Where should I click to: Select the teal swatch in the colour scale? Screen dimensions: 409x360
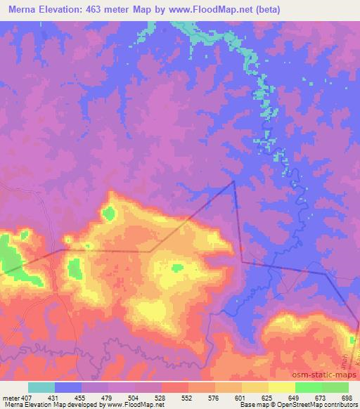coord(41,387)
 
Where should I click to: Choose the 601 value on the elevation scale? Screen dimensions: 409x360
coord(240,397)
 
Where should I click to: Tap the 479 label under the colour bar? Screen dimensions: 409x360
coord(109,397)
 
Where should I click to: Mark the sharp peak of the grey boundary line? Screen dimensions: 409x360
coord(234,181)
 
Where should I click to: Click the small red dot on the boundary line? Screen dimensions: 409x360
coord(241,247)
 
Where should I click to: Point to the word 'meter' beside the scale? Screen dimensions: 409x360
coord(11,397)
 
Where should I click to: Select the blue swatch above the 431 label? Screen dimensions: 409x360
coord(68,387)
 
